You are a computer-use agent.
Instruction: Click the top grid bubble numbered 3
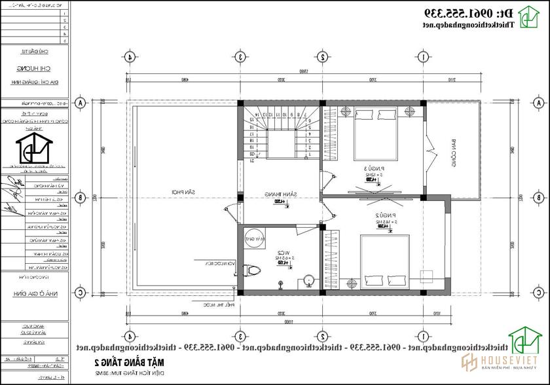tap(240, 57)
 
